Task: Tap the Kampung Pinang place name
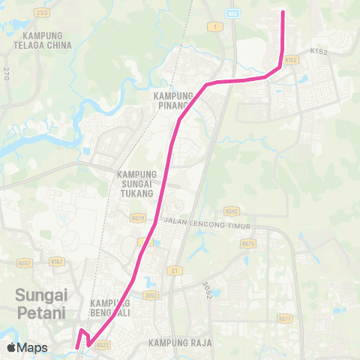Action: coord(175,100)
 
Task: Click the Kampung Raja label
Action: coord(180,343)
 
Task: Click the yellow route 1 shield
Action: coord(216,27)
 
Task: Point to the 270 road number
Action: coord(6,73)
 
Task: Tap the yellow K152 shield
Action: coord(292,59)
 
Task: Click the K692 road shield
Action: coord(232,212)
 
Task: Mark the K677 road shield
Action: coord(284,319)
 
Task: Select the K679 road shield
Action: coord(137,218)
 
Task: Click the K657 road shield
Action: coord(25,263)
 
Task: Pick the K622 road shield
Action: coord(103,344)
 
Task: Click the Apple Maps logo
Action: coord(27,347)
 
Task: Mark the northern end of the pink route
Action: coord(283,13)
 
